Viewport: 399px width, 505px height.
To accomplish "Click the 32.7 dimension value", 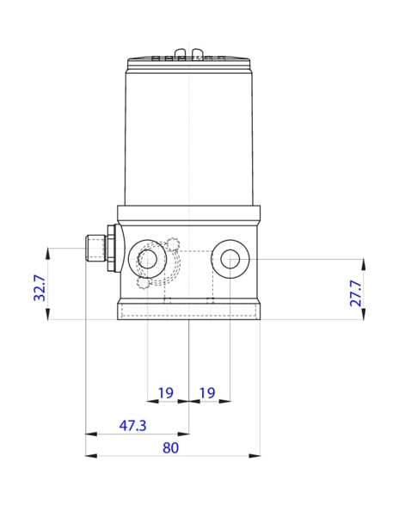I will (39, 286).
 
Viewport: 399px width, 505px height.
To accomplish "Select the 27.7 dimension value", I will (355, 293).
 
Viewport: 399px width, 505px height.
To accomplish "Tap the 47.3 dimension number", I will (132, 425).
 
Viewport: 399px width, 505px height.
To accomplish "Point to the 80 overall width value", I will (170, 447).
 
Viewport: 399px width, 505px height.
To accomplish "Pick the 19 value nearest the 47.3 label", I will (166, 393).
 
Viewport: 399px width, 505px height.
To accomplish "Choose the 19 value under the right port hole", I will (207, 393).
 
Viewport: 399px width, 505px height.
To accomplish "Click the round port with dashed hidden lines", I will (147, 259).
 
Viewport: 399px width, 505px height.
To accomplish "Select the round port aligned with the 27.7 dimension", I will (230, 259).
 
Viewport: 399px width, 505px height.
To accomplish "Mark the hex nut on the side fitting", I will (109, 249).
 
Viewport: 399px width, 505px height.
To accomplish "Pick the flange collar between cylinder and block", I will (188, 214).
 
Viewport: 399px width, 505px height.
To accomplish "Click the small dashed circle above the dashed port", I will (172, 242).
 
